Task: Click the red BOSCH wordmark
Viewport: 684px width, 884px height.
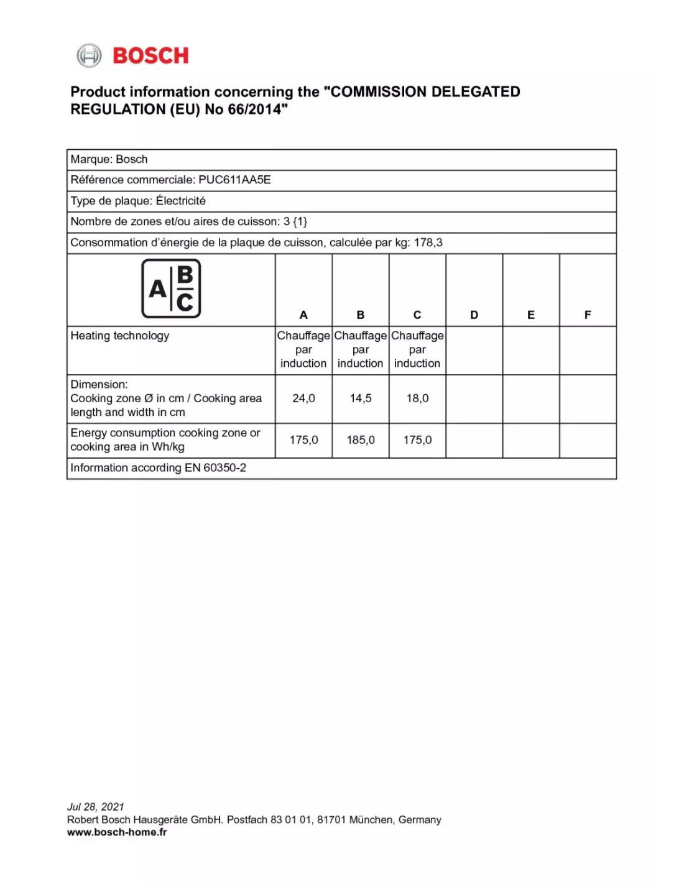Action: pyautogui.click(x=150, y=56)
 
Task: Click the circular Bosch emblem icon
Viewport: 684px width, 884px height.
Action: pyautogui.click(x=89, y=56)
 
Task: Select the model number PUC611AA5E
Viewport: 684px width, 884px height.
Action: pyautogui.click(x=234, y=180)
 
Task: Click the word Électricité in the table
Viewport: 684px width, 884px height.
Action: pyautogui.click(x=180, y=201)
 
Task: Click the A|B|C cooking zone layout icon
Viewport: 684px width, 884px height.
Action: pyautogui.click(x=171, y=288)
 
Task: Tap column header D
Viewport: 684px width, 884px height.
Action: pyautogui.click(x=474, y=315)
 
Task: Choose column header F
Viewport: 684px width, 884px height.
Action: pyautogui.click(x=588, y=315)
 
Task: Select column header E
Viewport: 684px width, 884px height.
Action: pyautogui.click(x=530, y=315)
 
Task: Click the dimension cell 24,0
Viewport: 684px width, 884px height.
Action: pyautogui.click(x=303, y=398)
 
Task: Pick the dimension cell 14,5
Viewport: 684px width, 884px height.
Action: pyautogui.click(x=361, y=398)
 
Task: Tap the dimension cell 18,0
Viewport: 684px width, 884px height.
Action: pyautogui.click(x=417, y=398)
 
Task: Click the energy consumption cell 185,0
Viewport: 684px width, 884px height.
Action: pyautogui.click(x=361, y=440)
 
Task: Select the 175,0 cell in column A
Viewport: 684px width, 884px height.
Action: pyautogui.click(x=303, y=440)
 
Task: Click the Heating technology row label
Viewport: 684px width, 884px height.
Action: pyautogui.click(x=120, y=336)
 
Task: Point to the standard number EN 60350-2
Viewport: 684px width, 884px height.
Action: pyautogui.click(x=215, y=468)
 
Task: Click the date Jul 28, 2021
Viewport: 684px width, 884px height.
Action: pyautogui.click(x=96, y=807)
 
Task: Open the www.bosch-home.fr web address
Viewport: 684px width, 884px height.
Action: pyautogui.click(x=117, y=832)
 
